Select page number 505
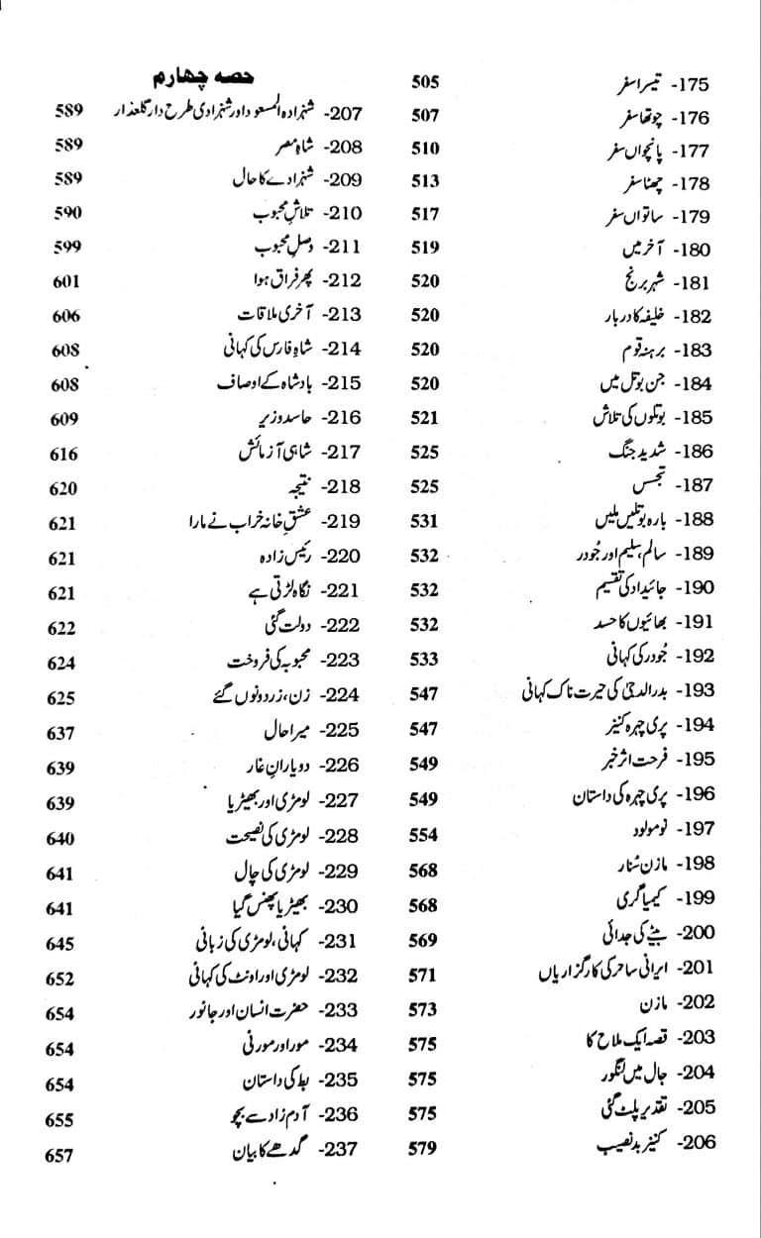[424, 82]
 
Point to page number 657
[60, 1154]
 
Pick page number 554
[423, 834]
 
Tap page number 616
[62, 454]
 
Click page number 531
[423, 520]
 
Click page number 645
[60, 943]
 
